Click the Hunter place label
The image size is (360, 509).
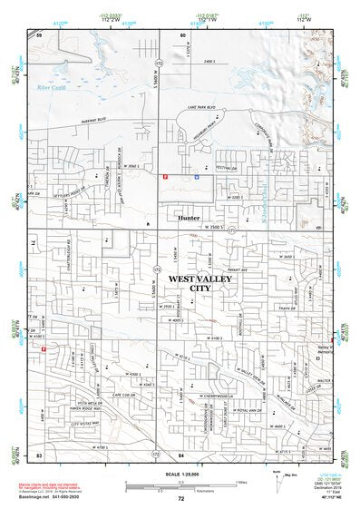(189, 219)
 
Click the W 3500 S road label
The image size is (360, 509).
(212, 225)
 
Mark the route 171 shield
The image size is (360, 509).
(230, 230)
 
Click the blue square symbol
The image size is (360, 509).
(197, 178)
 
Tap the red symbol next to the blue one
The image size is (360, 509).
(164, 178)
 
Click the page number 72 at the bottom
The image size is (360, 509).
(180, 498)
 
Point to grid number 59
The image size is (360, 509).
(39, 34)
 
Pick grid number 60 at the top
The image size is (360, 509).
(182, 34)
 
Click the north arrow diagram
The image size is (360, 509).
(277, 476)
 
